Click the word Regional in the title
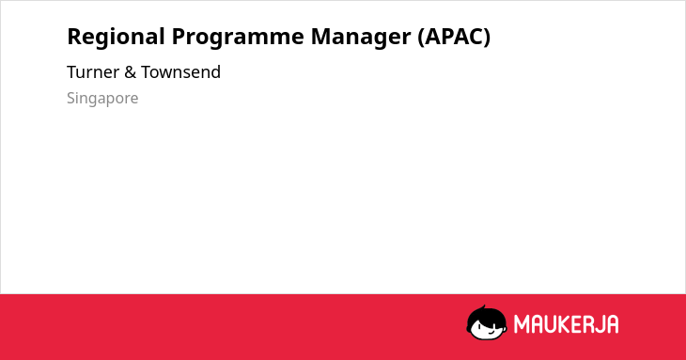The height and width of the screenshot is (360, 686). pyautogui.click(x=116, y=38)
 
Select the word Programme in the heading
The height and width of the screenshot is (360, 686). pyautogui.click(x=238, y=38)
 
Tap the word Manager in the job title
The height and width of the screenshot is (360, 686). pyautogui.click(x=361, y=38)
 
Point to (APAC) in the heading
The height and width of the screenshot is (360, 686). pyautogui.click(x=454, y=38)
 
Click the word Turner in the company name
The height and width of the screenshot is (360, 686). pyautogui.click(x=93, y=72)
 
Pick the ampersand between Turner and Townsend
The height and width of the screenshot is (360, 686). pyautogui.click(x=130, y=72)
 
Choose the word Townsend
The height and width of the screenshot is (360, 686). pyautogui.click(x=180, y=72)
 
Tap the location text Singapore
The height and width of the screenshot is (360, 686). pyautogui.click(x=102, y=99)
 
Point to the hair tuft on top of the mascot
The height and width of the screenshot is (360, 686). pyautogui.click(x=483, y=307)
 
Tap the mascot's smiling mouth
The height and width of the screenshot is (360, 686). pyautogui.click(x=491, y=333)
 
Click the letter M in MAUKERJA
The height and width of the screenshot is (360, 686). pyautogui.click(x=522, y=324)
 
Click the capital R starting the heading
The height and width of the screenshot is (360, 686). pyautogui.click(x=75, y=37)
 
